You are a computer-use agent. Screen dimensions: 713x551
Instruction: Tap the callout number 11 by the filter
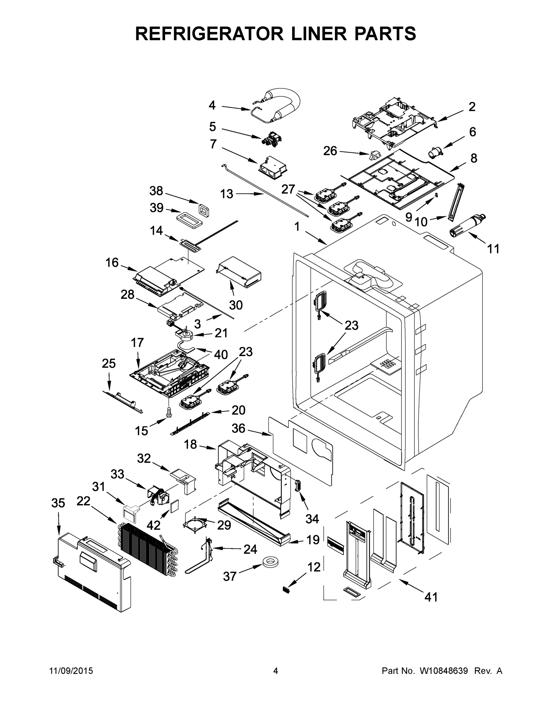(x=493, y=249)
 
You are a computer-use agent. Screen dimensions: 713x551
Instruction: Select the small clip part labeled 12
(x=286, y=590)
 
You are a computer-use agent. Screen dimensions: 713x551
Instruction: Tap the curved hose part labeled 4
(x=284, y=105)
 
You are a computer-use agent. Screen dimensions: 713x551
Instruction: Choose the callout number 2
(x=472, y=107)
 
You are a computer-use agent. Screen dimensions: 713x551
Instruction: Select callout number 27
(x=288, y=189)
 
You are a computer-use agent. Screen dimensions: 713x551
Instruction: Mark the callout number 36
(x=238, y=428)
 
